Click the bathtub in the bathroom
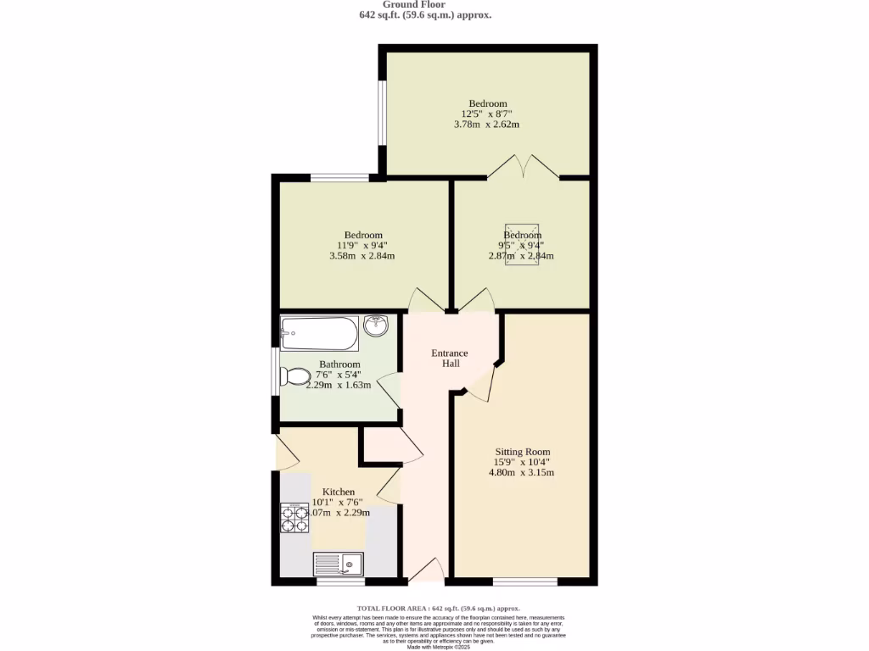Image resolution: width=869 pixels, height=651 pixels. click(x=320, y=333)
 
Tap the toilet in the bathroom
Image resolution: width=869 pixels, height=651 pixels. click(x=295, y=376)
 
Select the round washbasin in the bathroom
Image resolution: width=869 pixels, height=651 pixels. click(x=375, y=325)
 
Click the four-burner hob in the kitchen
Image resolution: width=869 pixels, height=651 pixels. click(x=294, y=517)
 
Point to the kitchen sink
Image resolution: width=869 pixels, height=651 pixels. click(x=338, y=563)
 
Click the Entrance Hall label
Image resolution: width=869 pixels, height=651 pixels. click(x=450, y=358)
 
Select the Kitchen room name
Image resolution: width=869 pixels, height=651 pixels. click(x=338, y=492)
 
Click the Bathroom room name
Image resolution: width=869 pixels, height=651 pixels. click(x=339, y=364)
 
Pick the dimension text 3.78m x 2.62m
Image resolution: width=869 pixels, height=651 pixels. click(x=486, y=124)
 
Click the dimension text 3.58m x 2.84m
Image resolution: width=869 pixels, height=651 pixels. click(x=362, y=255)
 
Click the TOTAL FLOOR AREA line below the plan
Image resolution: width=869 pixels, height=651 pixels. click(x=438, y=608)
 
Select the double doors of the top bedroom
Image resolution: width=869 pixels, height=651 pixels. click(x=524, y=168)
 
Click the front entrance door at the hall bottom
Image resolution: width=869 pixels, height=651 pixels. click(x=427, y=571)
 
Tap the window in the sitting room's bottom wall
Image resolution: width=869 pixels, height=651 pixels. click(x=525, y=581)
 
